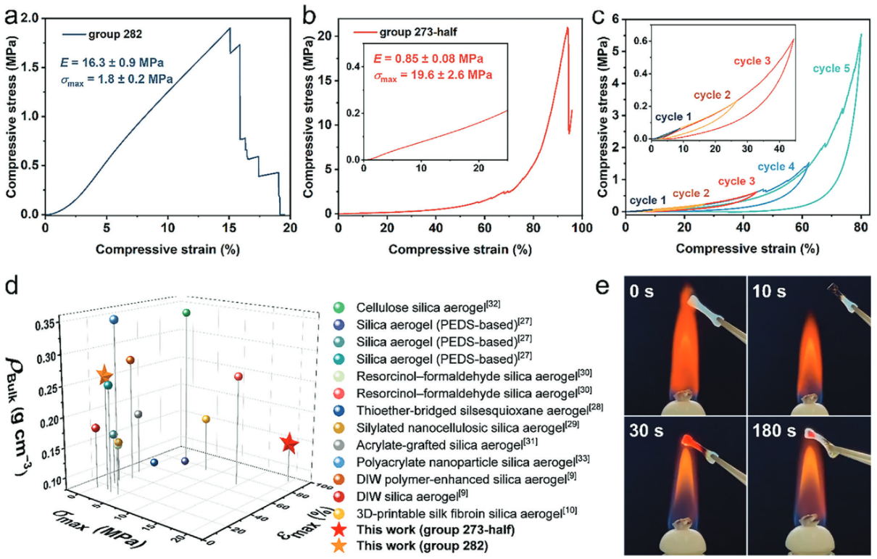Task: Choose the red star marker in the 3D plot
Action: [x=289, y=444]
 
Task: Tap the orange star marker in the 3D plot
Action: [x=104, y=375]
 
